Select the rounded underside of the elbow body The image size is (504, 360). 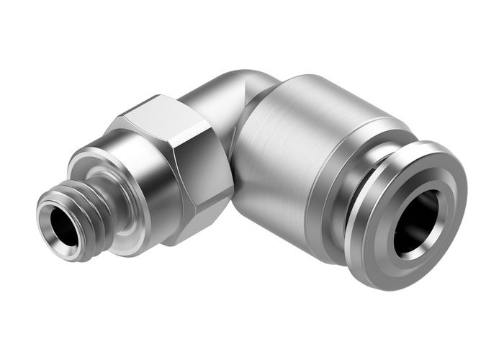point(266,216)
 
